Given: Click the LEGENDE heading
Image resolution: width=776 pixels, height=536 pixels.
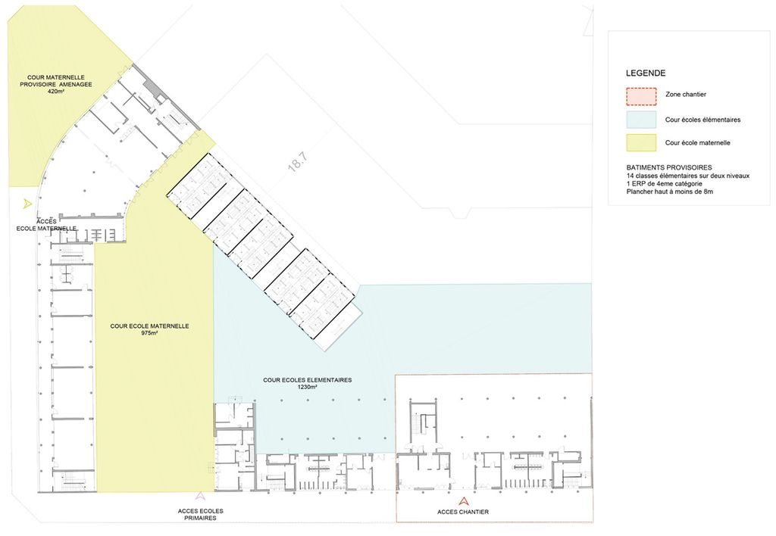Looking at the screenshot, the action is (x=646, y=73).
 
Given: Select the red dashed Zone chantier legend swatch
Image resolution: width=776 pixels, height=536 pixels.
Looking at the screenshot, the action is (x=641, y=96).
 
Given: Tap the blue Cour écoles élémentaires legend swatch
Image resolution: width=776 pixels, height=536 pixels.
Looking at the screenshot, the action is (x=641, y=120).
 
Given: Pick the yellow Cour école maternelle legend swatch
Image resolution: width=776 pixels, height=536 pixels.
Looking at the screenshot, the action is (x=641, y=142).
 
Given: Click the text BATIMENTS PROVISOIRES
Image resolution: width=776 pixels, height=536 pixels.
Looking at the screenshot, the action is (x=669, y=167).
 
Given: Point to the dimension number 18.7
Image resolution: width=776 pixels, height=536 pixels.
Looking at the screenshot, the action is (x=298, y=162).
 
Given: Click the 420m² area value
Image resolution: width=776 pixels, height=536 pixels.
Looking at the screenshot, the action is (x=56, y=92).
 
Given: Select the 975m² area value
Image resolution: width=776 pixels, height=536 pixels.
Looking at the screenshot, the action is (x=149, y=333).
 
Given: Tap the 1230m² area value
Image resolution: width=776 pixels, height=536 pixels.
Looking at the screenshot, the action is (x=307, y=387).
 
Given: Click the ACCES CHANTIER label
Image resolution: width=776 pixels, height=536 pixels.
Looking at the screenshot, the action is (x=463, y=512).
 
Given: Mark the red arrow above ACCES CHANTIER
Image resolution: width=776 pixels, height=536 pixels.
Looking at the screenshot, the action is (x=463, y=501).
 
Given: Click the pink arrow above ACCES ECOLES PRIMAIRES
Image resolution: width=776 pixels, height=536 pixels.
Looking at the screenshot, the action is (x=199, y=495).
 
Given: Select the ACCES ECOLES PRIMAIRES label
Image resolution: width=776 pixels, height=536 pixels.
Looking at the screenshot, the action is (x=200, y=514).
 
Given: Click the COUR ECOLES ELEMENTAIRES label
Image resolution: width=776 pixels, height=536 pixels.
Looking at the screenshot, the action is (x=308, y=380).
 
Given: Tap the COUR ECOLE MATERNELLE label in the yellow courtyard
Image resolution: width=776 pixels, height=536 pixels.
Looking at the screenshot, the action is (x=149, y=326).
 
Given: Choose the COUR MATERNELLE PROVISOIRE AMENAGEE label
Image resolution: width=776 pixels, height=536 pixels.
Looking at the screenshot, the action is (x=56, y=81).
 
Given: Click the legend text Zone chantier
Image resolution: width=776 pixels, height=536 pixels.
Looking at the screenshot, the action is (x=685, y=95).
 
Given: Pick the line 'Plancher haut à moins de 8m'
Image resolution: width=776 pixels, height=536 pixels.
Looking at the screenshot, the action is (x=670, y=192).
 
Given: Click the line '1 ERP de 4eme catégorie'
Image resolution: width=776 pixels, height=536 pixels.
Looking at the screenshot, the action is (x=664, y=183).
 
